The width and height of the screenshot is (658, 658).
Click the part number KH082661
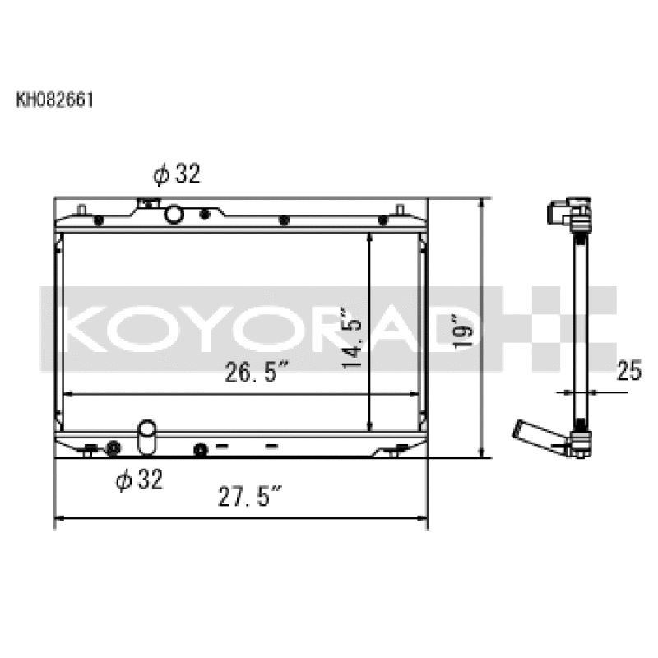click(x=54, y=100)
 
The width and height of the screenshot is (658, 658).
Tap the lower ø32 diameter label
click(x=139, y=480)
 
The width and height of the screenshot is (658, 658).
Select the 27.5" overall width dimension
click(x=251, y=498)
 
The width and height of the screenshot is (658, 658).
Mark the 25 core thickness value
click(x=629, y=372)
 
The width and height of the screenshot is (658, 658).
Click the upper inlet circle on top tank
click(x=174, y=215)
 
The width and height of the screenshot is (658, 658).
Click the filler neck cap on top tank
click(x=148, y=202)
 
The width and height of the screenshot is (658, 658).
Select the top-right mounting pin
click(x=401, y=209)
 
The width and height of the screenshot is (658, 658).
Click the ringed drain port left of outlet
click(x=113, y=447)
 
